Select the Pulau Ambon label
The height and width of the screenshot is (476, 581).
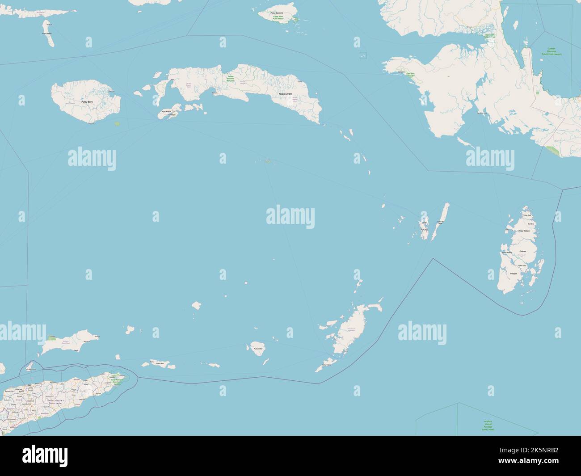click(166, 112)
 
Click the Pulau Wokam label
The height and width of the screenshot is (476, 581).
click(524, 231)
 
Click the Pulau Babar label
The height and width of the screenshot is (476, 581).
click(257, 349)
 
